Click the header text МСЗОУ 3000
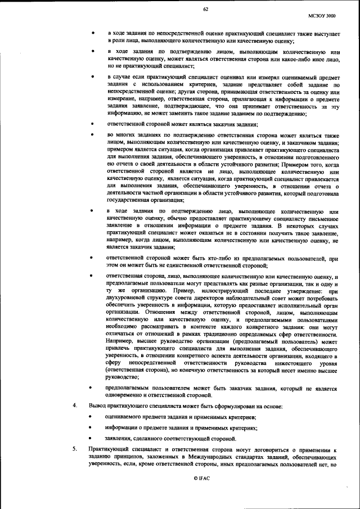pos(323,17)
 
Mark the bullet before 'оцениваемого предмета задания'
pos(92,417)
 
